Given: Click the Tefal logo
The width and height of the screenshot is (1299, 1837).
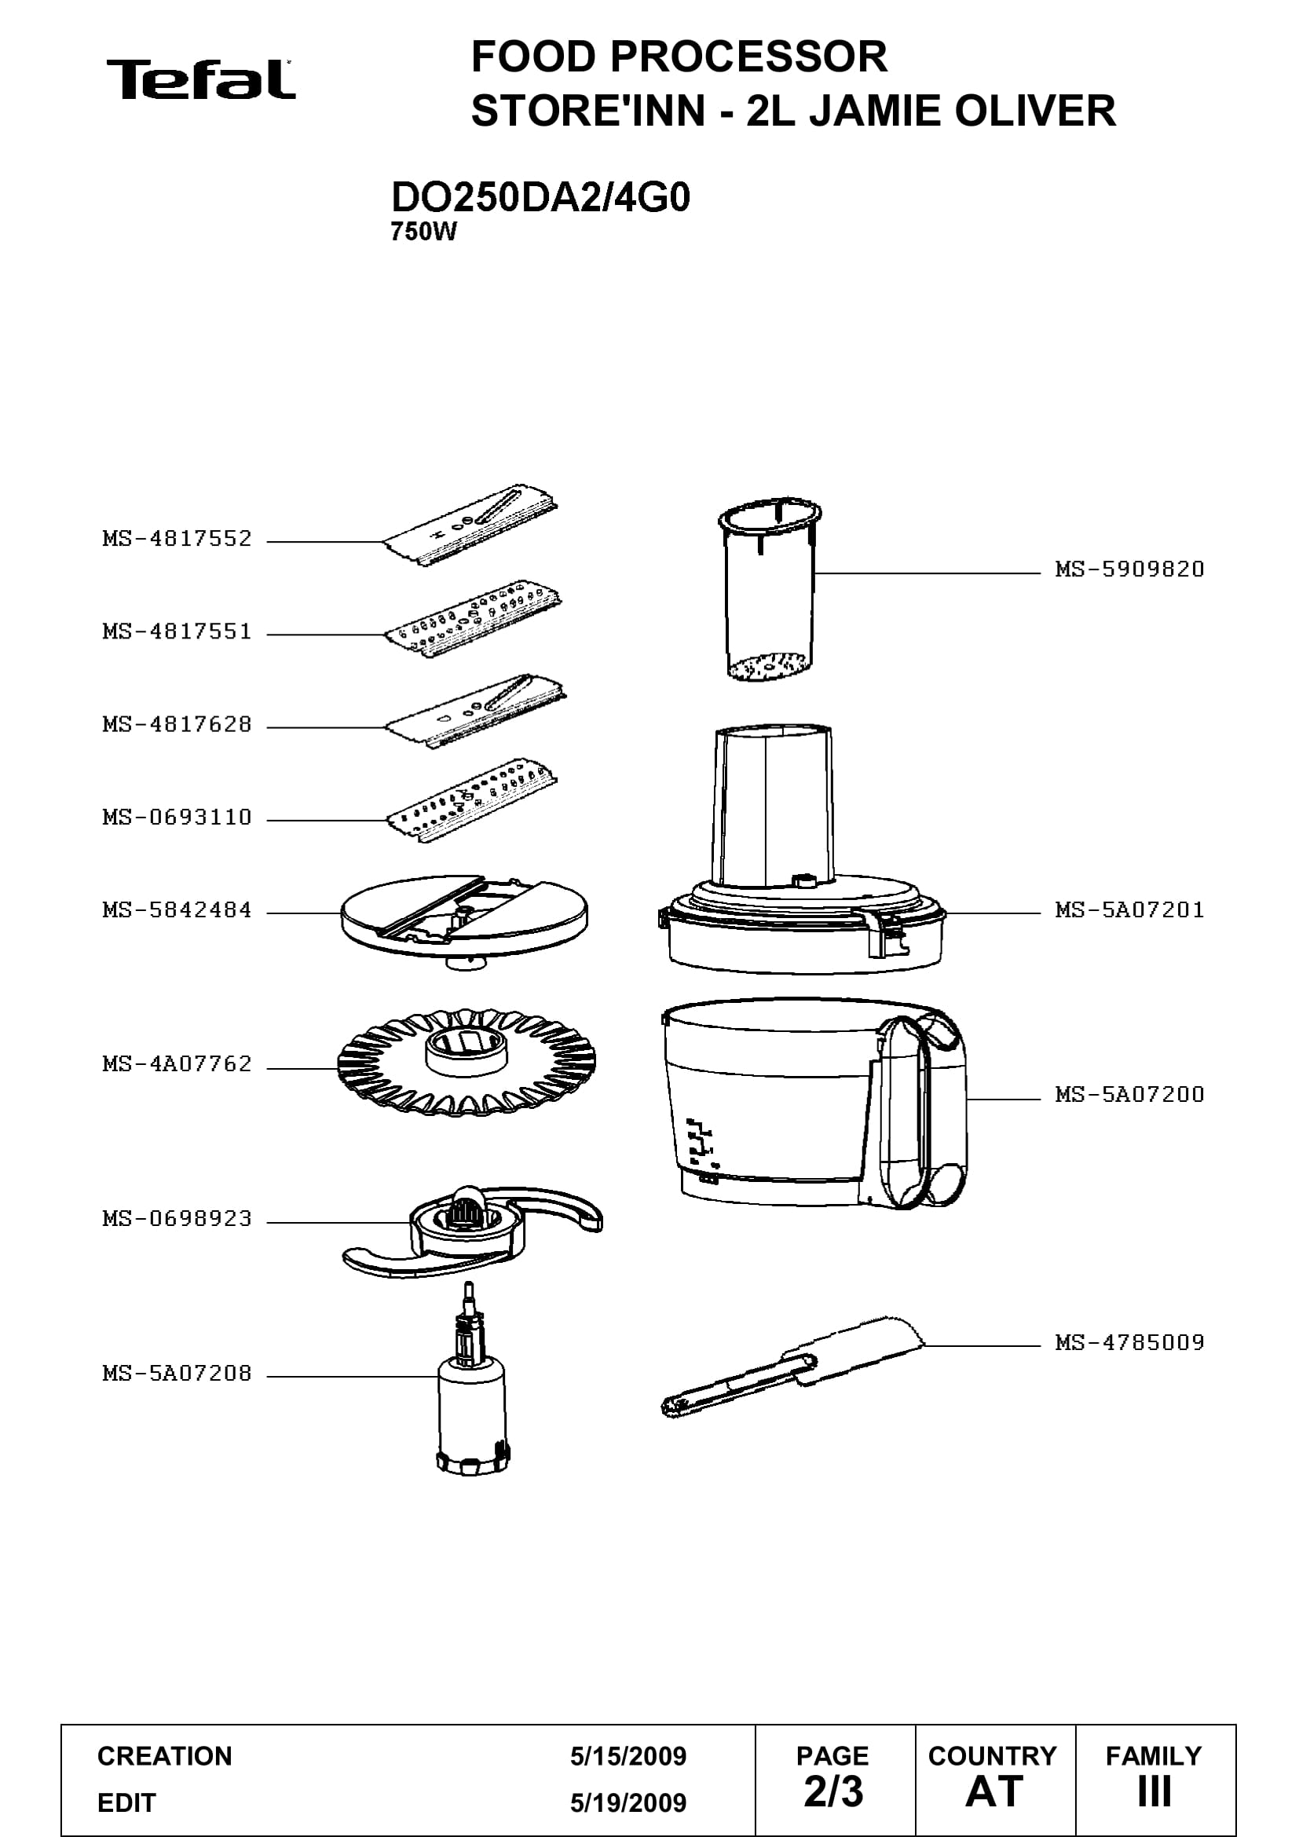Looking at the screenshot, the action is coord(201,80).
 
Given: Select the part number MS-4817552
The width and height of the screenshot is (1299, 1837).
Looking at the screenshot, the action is coord(177,539).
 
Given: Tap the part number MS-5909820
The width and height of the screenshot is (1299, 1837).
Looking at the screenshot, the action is coord(1129,569).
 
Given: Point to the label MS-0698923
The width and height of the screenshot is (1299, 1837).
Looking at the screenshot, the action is coord(177,1219).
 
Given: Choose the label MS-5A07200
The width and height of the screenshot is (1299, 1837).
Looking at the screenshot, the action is coord(1129,1094).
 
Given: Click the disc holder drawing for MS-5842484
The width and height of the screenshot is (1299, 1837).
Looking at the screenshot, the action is coord(464,920).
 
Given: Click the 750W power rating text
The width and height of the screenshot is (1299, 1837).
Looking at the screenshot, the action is coord(423,232).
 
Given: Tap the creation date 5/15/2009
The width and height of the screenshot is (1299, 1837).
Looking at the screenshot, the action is coord(628,1756).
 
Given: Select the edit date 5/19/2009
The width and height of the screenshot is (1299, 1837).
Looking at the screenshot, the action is coord(628,1802).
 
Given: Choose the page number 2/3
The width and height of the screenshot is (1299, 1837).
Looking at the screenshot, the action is coord(833,1791).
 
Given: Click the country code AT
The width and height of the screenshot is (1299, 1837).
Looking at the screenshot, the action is coord(994,1791).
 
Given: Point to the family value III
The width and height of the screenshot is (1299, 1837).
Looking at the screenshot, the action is coord(1154,1791).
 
